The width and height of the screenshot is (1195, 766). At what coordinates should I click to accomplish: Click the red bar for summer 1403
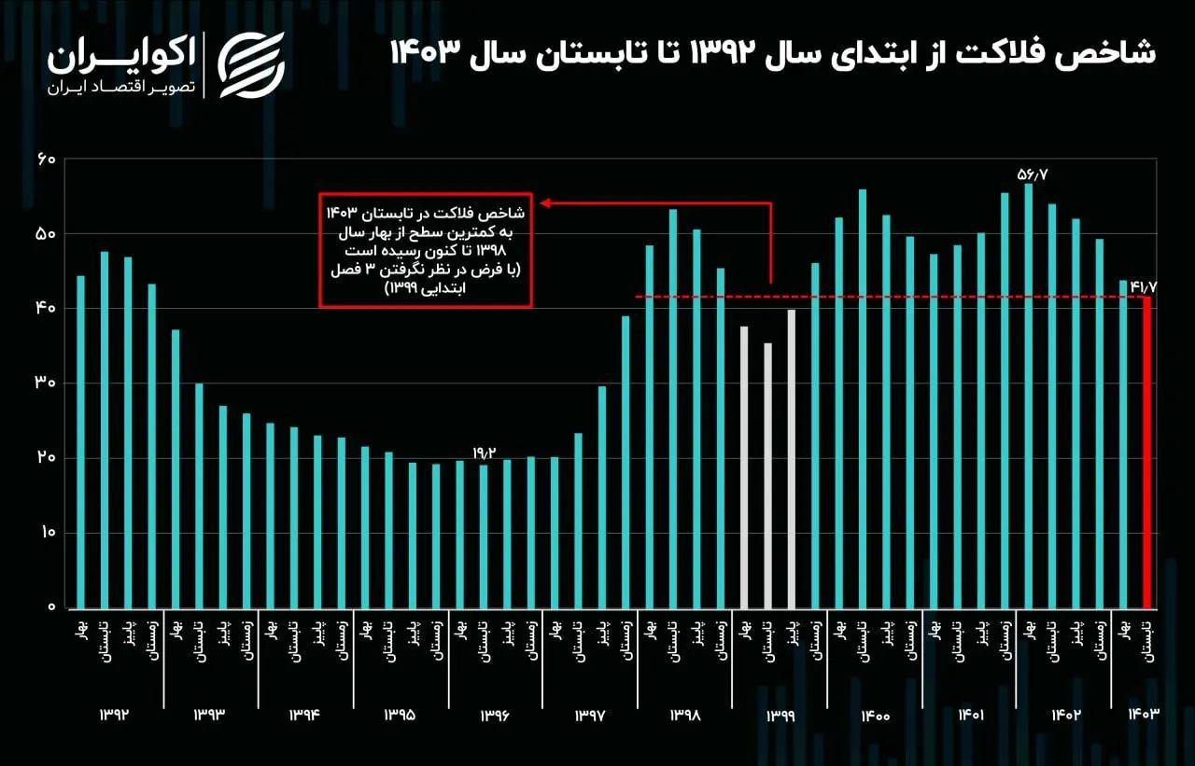click(1147, 453)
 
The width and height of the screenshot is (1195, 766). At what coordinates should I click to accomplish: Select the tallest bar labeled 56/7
click(1028, 396)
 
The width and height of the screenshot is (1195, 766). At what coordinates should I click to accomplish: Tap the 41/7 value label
click(1144, 286)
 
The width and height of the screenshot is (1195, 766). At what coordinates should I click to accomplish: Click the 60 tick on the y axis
click(47, 160)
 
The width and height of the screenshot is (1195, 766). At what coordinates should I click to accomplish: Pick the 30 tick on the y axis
click(47, 383)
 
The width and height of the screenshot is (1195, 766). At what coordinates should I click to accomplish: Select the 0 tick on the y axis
click(52, 607)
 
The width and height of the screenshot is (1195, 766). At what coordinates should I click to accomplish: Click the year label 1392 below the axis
click(114, 715)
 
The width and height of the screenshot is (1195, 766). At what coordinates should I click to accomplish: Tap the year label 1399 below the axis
click(780, 716)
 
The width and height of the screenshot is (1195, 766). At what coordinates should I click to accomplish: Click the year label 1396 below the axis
click(495, 716)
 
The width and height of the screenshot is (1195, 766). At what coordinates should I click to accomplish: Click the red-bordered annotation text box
click(426, 250)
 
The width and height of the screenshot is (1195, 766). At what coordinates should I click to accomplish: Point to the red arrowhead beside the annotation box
click(545, 202)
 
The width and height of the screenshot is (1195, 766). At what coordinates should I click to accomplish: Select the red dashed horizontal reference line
click(887, 297)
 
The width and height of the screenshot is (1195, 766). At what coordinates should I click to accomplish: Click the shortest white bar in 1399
click(767, 475)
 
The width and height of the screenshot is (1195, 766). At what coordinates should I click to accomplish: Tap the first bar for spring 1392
click(80, 441)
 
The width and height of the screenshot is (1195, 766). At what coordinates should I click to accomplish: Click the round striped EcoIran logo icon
click(251, 64)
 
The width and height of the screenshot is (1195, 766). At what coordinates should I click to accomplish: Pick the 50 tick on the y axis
click(47, 234)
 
